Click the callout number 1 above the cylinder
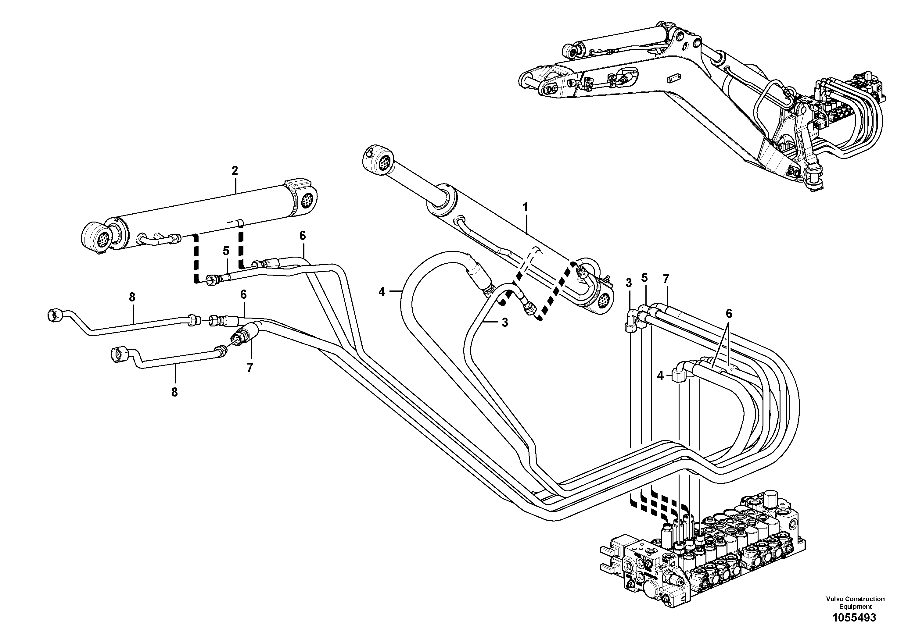[x=525, y=207]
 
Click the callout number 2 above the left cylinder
[x=235, y=171]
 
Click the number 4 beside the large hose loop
[x=381, y=292]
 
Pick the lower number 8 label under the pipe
[x=174, y=392]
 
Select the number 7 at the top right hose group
[x=666, y=279]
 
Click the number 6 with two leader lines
[x=728, y=314]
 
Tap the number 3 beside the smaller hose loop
[x=504, y=322]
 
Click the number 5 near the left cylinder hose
[x=226, y=251]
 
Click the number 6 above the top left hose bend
[x=302, y=236]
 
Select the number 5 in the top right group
[x=644, y=278]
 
